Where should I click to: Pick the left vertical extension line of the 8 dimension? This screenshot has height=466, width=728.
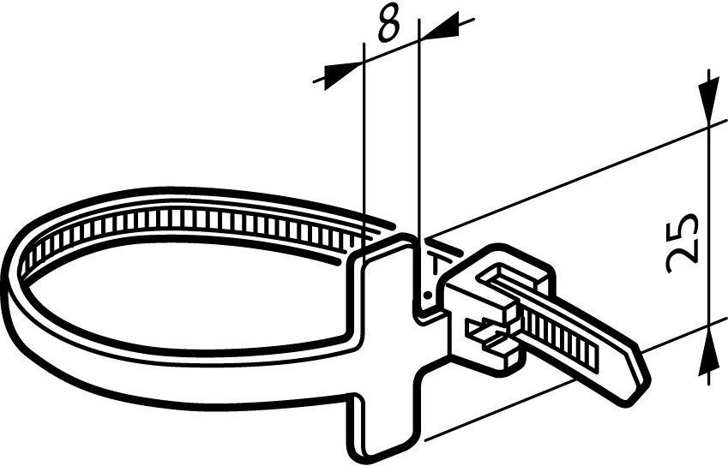tap(364, 154)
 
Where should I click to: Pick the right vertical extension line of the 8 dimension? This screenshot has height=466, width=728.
tap(419, 128)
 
